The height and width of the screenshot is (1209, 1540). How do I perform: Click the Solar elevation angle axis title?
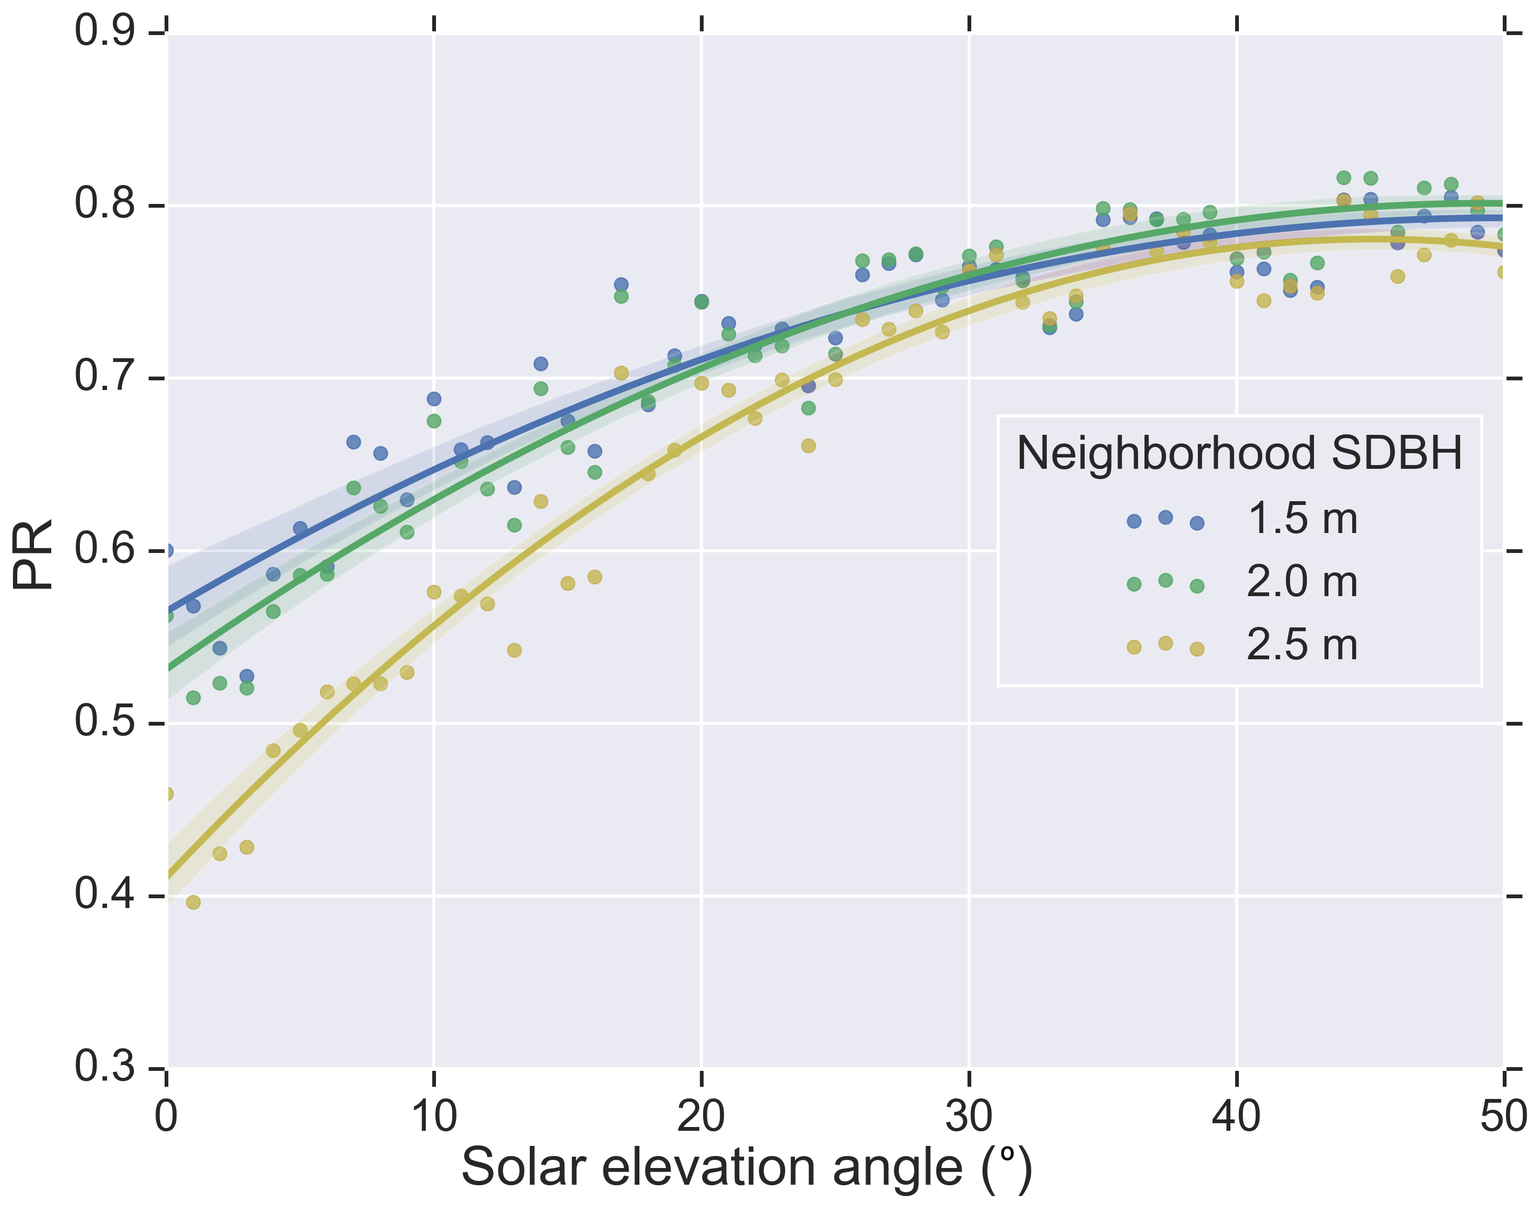pyautogui.click(x=746, y=1167)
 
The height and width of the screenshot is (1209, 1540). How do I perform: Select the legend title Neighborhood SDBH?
pyautogui.click(x=1239, y=453)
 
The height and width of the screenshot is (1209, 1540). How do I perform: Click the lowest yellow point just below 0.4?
pyautogui.click(x=193, y=902)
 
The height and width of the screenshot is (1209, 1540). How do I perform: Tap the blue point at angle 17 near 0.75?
pyautogui.click(x=621, y=284)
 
